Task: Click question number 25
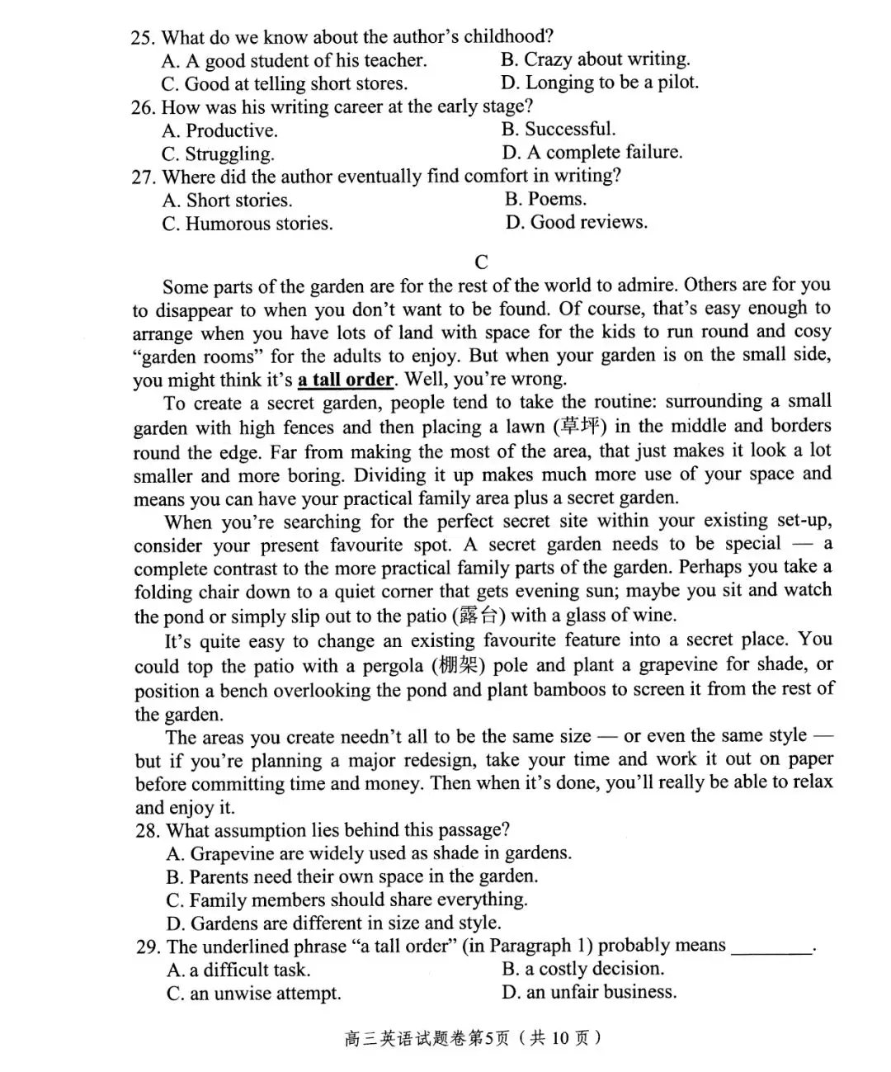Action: pyautogui.click(x=144, y=37)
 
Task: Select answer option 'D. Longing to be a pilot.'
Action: pyautogui.click(x=599, y=83)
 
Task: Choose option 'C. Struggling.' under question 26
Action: pyautogui.click(x=218, y=154)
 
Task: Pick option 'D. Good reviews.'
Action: pyautogui.click(x=576, y=222)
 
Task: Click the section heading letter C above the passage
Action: pyautogui.click(x=482, y=262)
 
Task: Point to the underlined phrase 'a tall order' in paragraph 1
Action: pyautogui.click(x=346, y=380)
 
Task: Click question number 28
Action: pyautogui.click(x=149, y=830)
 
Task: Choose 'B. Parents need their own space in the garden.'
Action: pyautogui.click(x=351, y=876)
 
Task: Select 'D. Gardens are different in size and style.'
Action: pyautogui.click(x=333, y=923)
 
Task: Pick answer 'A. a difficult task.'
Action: pyautogui.click(x=238, y=970)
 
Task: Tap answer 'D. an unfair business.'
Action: pyautogui.click(x=589, y=992)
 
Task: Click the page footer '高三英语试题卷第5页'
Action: pyautogui.click(x=426, y=1037)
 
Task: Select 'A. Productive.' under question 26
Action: pyautogui.click(x=220, y=130)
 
